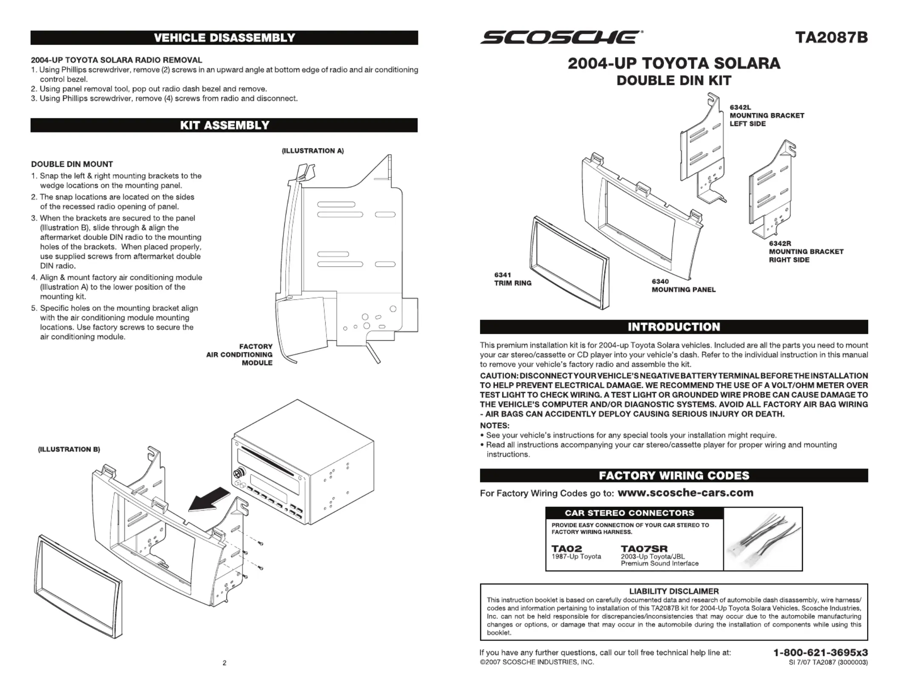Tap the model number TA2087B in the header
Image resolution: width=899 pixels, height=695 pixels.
[831, 37]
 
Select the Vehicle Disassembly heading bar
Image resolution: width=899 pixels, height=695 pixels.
[224, 37]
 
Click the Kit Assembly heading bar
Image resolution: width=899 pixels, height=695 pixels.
[224, 125]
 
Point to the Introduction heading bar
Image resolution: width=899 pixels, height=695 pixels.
[674, 327]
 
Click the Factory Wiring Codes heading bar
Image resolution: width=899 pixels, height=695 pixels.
[674, 475]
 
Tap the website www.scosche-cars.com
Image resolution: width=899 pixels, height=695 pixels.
[685, 493]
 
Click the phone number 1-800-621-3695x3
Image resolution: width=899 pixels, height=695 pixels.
[820, 652]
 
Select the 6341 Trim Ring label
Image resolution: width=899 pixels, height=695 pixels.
[512, 279]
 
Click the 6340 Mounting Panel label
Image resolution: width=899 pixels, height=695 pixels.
[683, 286]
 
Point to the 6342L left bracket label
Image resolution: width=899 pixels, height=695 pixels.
[767, 115]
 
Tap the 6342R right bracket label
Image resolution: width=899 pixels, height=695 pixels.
[806, 252]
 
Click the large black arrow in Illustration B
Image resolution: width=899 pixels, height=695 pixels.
[209, 500]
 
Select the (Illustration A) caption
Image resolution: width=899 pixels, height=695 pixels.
[312, 151]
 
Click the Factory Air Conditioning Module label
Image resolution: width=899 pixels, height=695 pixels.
[240, 355]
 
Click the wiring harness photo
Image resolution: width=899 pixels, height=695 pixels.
[763, 539]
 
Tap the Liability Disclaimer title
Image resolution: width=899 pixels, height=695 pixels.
[674, 591]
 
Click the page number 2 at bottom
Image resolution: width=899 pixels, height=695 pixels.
[224, 663]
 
